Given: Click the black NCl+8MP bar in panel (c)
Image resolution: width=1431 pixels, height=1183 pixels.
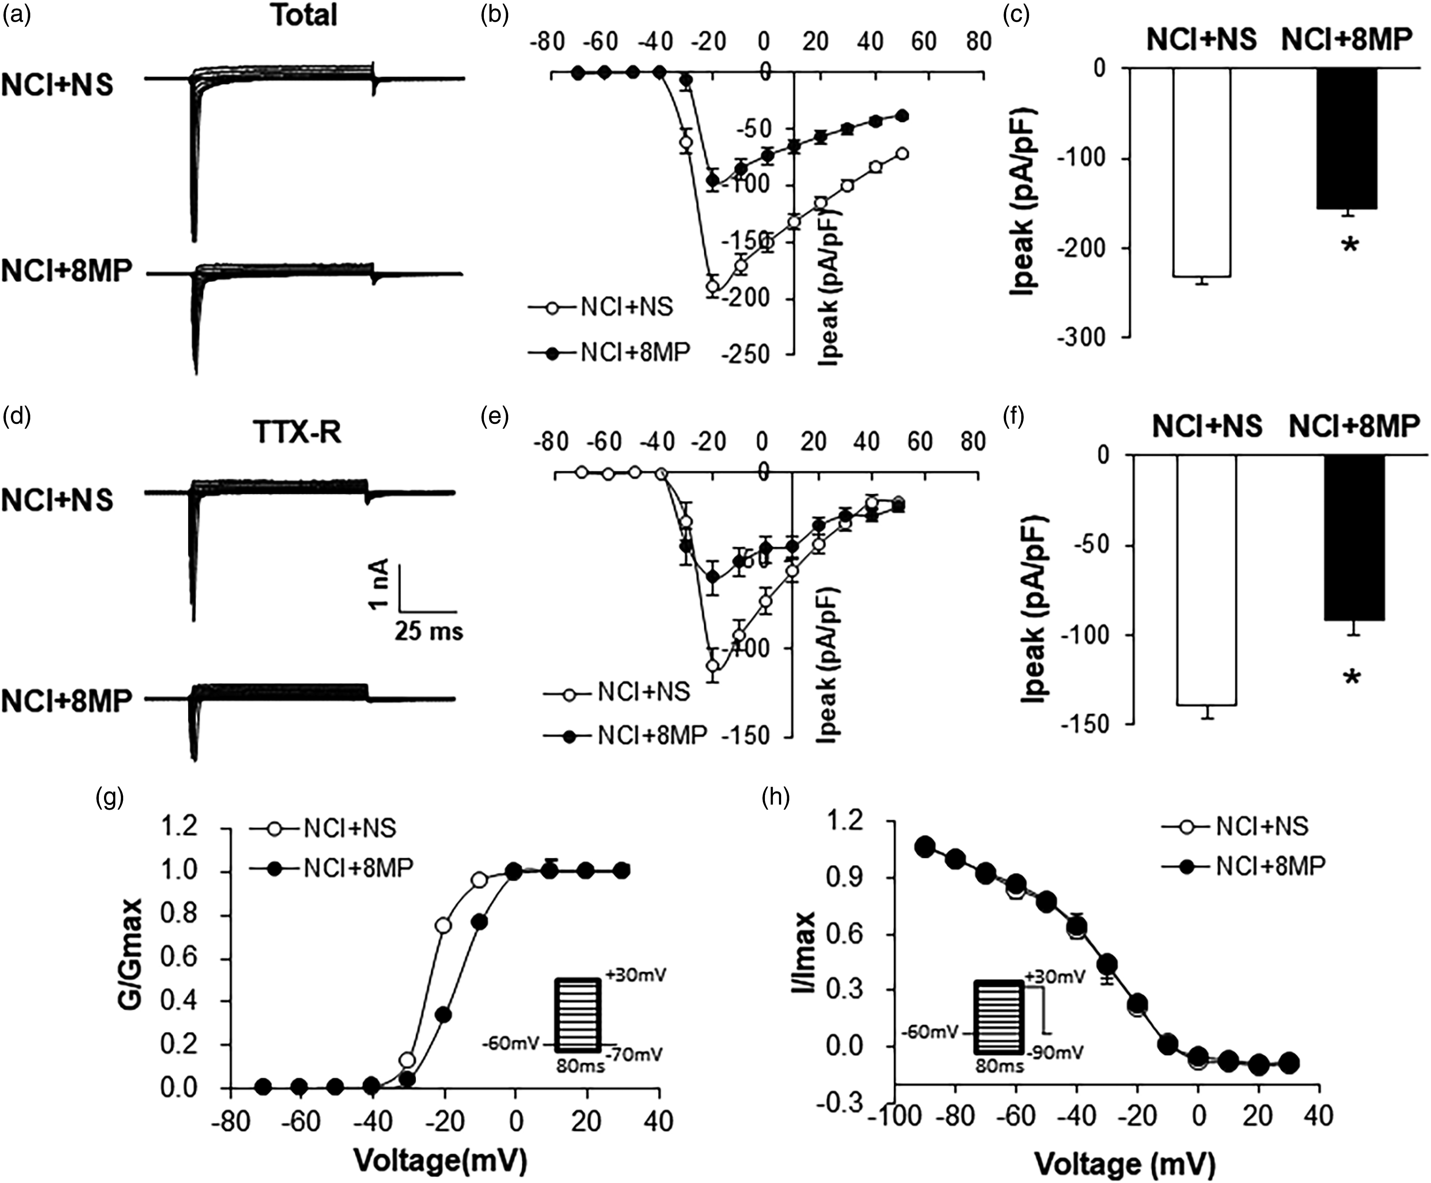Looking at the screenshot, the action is (x=1347, y=138).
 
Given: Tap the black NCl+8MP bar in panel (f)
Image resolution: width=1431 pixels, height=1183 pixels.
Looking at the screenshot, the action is (x=1355, y=538).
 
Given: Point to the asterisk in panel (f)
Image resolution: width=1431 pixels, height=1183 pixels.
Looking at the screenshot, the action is (x=1352, y=678).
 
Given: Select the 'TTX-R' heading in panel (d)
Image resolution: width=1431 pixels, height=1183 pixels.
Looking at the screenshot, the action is (x=297, y=432).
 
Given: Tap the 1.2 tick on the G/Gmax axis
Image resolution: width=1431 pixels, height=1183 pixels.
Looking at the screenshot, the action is (x=179, y=827).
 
